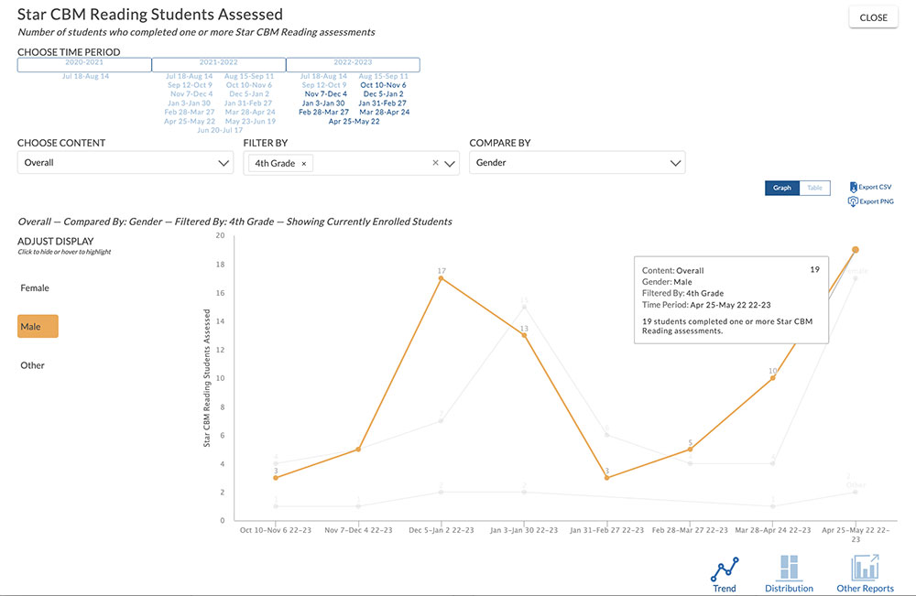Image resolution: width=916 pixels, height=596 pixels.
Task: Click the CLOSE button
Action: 873,17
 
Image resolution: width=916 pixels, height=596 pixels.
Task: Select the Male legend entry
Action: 38,327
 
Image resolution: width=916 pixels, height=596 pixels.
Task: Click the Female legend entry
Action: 35,288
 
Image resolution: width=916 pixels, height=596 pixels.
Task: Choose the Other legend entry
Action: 32,365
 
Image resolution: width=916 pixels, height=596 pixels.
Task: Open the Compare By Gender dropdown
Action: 577,163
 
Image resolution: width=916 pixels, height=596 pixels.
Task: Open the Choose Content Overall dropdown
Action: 125,163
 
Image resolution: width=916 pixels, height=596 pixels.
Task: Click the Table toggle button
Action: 814,188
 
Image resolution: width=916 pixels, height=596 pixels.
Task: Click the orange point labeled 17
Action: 442,278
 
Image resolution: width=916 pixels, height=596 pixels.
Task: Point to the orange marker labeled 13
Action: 525,335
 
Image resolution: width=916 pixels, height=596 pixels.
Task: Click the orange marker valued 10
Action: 772,378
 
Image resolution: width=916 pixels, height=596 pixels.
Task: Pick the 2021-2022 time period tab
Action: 218,64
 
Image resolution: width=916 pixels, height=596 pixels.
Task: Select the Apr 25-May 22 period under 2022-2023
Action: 354,121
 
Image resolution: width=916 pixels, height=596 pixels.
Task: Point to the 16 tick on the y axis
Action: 220,292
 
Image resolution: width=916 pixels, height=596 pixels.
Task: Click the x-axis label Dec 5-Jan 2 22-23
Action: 442,530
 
